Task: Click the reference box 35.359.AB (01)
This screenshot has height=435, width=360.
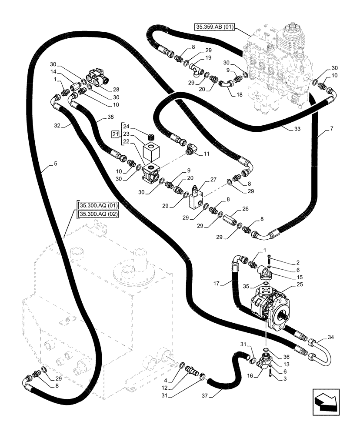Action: (215, 27)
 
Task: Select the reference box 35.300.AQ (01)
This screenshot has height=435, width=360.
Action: (99, 206)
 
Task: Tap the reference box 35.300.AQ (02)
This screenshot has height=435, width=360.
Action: (99, 214)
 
